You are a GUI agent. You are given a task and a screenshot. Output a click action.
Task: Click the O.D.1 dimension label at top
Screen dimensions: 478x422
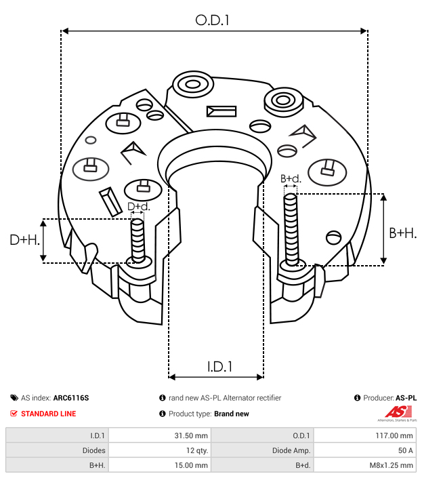[213, 20]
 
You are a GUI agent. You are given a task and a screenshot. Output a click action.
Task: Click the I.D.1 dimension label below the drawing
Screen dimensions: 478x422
[219, 367]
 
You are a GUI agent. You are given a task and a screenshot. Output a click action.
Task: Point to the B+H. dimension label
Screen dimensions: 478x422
[402, 233]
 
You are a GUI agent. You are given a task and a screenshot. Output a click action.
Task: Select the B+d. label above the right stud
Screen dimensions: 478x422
[291, 179]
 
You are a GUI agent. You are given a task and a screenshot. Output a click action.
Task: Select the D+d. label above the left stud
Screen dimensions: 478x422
[138, 206]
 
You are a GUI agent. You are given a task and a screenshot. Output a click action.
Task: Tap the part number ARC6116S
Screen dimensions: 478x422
[71, 398]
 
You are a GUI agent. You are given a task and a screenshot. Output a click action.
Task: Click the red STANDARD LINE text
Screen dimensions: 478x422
[48, 414]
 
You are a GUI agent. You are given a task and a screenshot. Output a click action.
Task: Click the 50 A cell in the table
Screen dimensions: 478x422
[405, 450]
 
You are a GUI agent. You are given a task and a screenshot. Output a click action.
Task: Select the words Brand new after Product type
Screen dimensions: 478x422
[231, 414]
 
